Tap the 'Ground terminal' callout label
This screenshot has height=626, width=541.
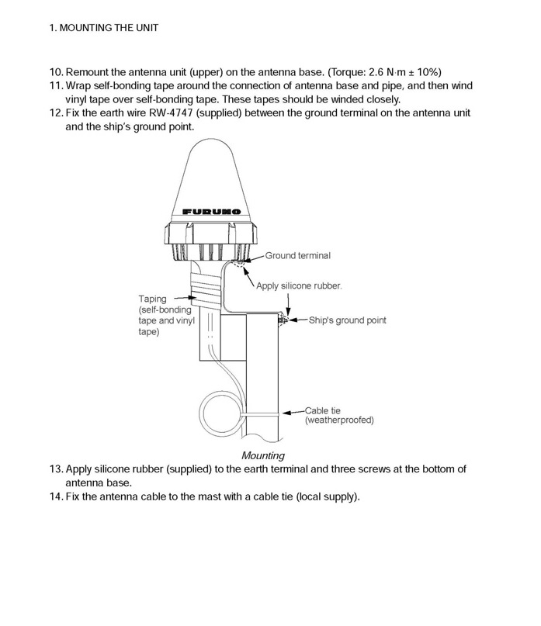[x=298, y=254]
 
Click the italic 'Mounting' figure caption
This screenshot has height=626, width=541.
[x=263, y=455]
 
